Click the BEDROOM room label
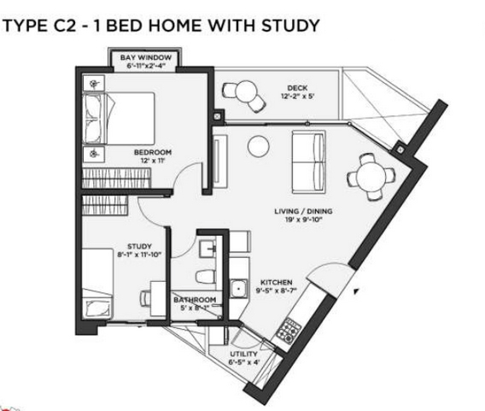[x=153, y=152]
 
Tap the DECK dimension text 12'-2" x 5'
[x=297, y=97]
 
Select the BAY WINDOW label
[x=146, y=57]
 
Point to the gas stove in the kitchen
[x=289, y=331]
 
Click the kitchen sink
[x=238, y=289]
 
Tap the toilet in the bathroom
[x=206, y=276]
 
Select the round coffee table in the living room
[x=258, y=146]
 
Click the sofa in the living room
[x=309, y=161]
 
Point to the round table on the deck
[x=246, y=91]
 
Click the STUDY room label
[x=139, y=246]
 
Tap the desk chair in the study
[x=145, y=298]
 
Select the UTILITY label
[x=243, y=354]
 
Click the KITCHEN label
[x=276, y=282]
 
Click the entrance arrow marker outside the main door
[x=356, y=291]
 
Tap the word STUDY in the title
[x=290, y=26]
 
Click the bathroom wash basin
[x=207, y=248]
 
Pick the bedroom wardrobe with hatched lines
[x=116, y=178]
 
